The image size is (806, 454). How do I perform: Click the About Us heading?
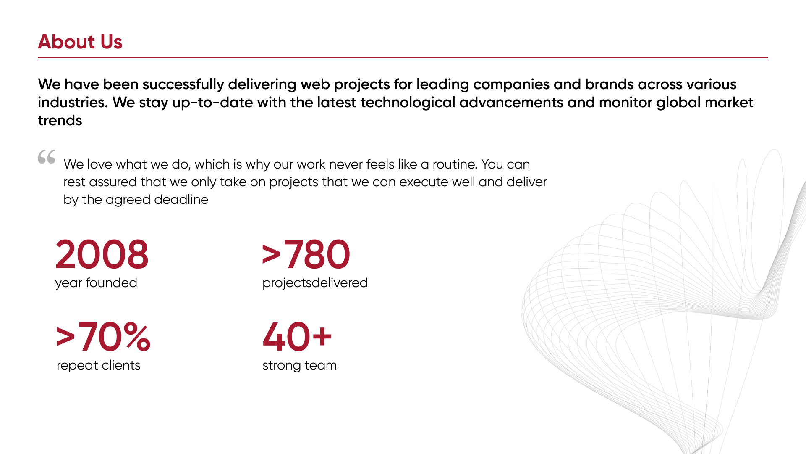[x=80, y=42]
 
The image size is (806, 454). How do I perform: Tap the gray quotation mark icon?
[x=47, y=156]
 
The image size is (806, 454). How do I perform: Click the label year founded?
[x=96, y=283]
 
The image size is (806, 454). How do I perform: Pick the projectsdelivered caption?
[x=315, y=283]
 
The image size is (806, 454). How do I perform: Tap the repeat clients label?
[x=98, y=365]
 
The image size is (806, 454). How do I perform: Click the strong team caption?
[x=299, y=365]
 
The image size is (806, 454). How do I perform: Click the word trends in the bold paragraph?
[x=60, y=121]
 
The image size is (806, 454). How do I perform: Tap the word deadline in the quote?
[x=181, y=199]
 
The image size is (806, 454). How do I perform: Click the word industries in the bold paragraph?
[x=73, y=102]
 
